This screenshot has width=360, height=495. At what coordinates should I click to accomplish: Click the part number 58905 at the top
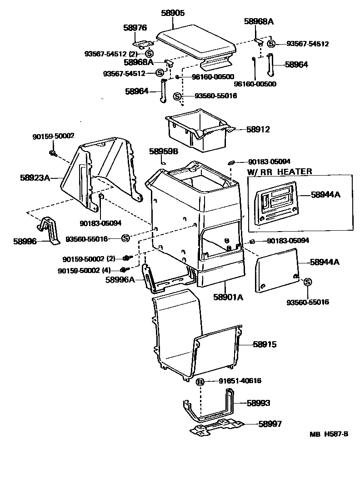[x=173, y=14]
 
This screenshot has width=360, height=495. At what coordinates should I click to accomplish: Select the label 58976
[x=135, y=28]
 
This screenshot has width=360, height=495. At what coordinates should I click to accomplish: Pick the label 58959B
[x=164, y=151]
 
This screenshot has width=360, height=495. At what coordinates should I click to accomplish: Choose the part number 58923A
[x=35, y=177]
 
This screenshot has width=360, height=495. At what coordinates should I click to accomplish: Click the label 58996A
[x=120, y=280]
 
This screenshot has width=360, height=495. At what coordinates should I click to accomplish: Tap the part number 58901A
[x=228, y=298]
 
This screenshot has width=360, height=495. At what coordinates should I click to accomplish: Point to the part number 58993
[x=258, y=403]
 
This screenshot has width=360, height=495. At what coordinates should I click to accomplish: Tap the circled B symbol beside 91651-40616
[x=200, y=381]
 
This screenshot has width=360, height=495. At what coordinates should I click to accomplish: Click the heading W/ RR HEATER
[x=279, y=172]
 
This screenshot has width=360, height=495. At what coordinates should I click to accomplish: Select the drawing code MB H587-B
[x=329, y=434]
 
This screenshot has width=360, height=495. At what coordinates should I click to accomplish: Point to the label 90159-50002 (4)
[x=84, y=270]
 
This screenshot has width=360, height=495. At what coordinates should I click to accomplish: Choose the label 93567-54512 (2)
[x=111, y=54]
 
